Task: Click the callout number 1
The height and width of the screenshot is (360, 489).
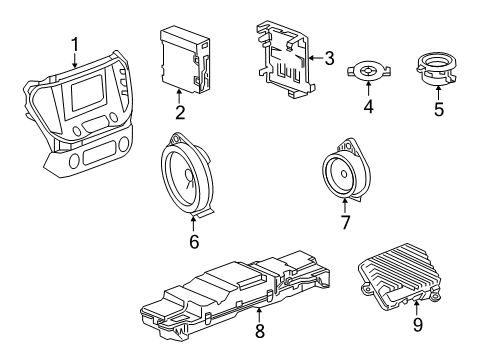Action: click(x=75, y=44)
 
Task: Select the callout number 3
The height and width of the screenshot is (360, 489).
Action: click(x=329, y=60)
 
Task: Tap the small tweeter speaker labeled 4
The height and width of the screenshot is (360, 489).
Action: click(x=366, y=73)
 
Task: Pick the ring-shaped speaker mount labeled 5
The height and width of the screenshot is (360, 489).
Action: click(x=439, y=73)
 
